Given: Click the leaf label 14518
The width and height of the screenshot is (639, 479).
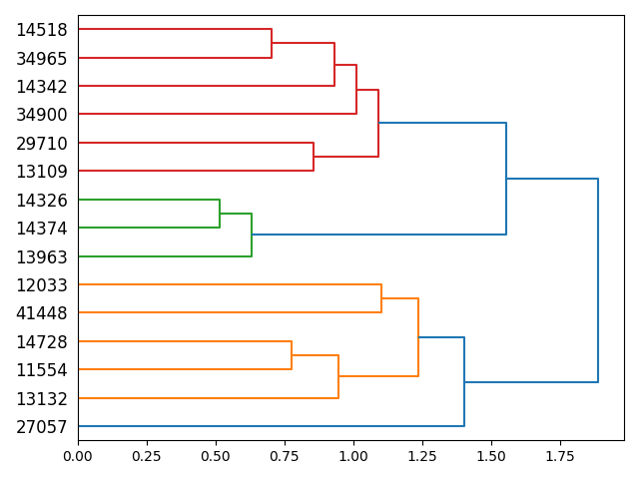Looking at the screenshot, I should point(41,30).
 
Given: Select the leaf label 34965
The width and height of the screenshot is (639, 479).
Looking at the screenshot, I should point(41,58).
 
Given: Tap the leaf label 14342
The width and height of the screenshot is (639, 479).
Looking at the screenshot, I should point(41,87).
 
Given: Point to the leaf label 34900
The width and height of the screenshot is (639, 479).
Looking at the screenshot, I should point(41,115).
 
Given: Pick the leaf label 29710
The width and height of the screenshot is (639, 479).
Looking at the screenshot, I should point(41,144).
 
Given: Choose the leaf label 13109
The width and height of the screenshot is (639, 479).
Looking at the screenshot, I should point(41,172).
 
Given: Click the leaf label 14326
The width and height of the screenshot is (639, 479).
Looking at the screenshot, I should point(41,200).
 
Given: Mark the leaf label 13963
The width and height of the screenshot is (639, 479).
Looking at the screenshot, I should point(41,256).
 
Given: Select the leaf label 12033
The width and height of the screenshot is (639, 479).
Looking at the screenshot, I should point(41,285).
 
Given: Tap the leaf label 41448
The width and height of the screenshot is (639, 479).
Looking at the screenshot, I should point(41,313).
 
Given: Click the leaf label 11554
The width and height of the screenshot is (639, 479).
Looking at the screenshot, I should point(41,370).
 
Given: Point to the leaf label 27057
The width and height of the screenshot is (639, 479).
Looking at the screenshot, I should point(41,427).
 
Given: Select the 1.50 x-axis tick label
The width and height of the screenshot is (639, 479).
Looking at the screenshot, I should point(491,456).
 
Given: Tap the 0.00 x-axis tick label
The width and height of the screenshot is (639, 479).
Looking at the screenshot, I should point(78,456).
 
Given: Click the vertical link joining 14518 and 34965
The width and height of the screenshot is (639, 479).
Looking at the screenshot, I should point(272,44).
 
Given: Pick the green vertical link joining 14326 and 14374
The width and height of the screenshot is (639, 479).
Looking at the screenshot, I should point(220,214).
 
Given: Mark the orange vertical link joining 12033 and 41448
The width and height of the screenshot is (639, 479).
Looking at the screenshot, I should point(381,298).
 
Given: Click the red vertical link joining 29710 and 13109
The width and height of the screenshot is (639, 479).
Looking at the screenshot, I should point(314,157).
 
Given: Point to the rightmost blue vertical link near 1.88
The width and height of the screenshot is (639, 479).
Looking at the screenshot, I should point(598,280).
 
